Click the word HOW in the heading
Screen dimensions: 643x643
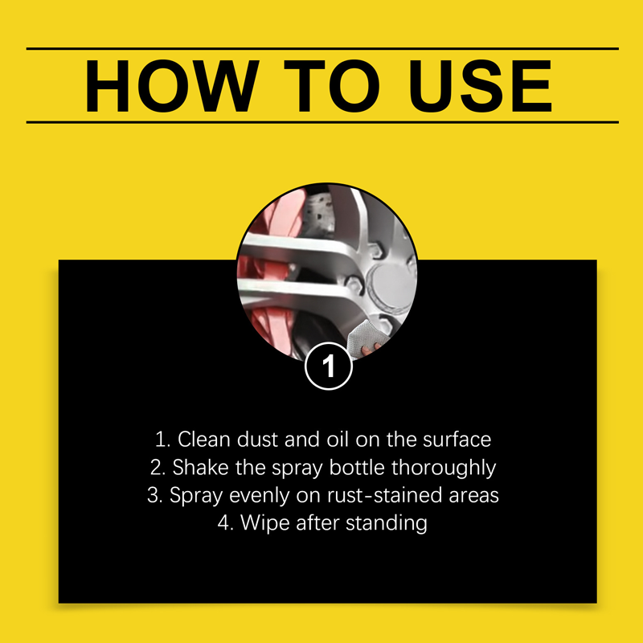[x=172, y=86]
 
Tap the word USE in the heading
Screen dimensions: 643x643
[x=481, y=86]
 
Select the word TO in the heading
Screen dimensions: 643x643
[x=332, y=86]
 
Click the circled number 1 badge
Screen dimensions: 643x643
[x=329, y=366]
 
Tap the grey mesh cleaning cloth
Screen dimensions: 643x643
[x=367, y=335]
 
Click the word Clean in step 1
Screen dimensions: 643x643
[x=204, y=439]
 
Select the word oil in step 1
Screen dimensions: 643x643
[x=338, y=439]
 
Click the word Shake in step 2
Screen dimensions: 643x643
[x=200, y=467]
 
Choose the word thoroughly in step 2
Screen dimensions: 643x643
[x=444, y=468]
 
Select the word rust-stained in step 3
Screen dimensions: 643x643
[x=384, y=495]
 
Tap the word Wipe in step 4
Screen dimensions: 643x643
[x=265, y=523]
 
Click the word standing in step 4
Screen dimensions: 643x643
[x=387, y=524]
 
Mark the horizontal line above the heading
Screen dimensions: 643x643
[x=322, y=48]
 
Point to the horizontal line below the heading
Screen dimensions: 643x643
[x=322, y=122]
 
